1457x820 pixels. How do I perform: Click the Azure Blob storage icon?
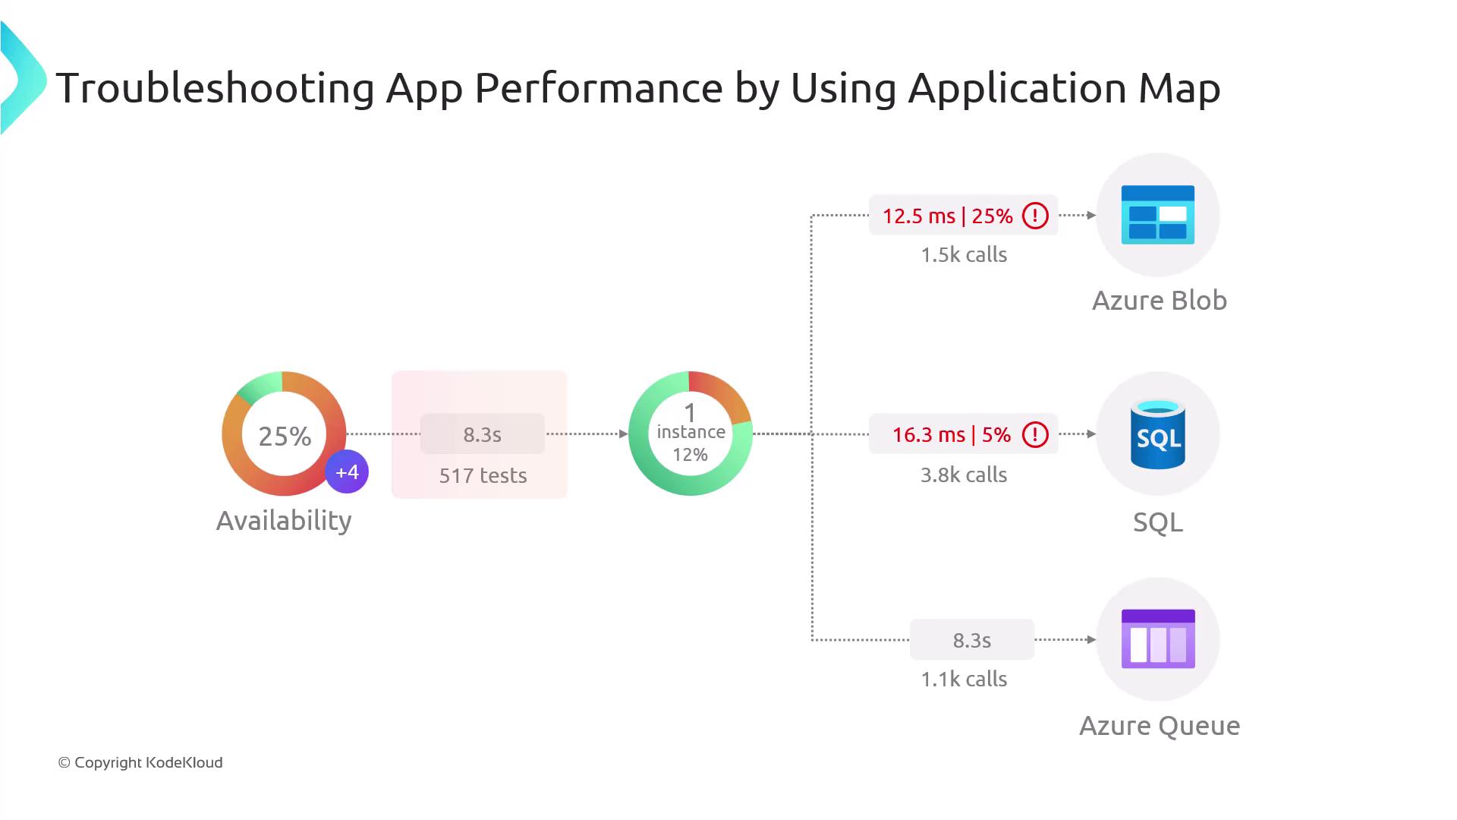[x=1157, y=215]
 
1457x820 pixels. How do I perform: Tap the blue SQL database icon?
[x=1157, y=434]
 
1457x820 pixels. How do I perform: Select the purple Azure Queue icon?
[x=1158, y=639]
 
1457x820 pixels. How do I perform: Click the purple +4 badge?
[x=347, y=472]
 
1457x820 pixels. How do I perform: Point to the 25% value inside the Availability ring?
[x=285, y=436]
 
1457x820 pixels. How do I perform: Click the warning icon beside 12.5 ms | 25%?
[x=1035, y=216]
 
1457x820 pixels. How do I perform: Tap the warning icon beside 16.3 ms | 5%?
[x=1035, y=434]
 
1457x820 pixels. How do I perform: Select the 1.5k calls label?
[x=964, y=254]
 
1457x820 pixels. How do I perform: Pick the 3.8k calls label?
[x=964, y=475]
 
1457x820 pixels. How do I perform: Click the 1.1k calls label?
[x=964, y=679]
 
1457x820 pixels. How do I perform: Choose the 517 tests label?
[x=483, y=475]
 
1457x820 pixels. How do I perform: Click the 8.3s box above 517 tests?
[x=483, y=434]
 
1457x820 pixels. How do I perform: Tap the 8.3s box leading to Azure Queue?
[x=971, y=640]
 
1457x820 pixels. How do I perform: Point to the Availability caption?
[x=284, y=521]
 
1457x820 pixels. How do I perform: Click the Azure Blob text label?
[x=1159, y=301]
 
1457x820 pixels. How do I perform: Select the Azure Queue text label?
[x=1159, y=726]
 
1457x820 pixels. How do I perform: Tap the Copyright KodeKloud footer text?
[x=140, y=762]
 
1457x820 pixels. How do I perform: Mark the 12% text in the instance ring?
[x=690, y=455]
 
